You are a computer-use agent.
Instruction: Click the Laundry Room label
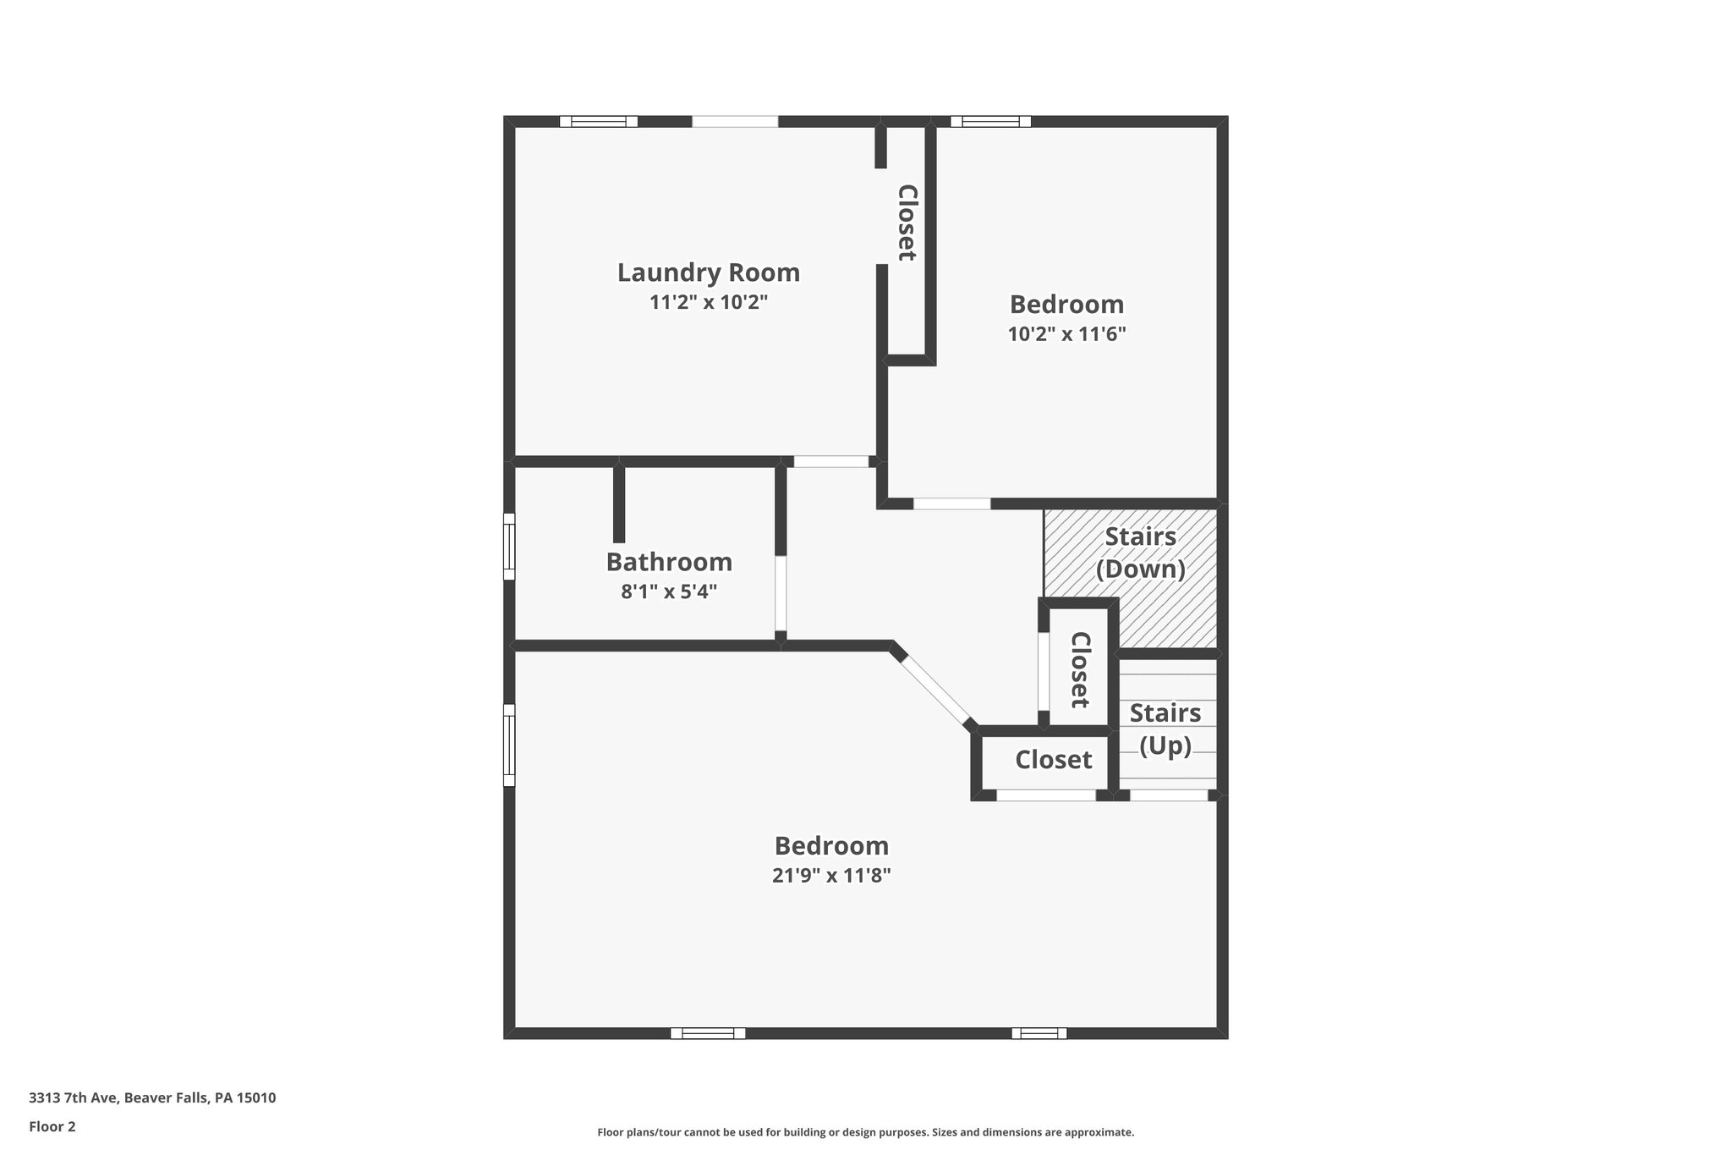click(x=708, y=272)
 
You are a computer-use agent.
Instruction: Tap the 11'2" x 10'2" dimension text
click(x=708, y=302)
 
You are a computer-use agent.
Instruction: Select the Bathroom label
click(x=669, y=562)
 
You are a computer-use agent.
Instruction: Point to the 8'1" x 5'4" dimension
click(x=669, y=591)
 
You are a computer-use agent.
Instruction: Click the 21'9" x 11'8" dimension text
click(x=831, y=875)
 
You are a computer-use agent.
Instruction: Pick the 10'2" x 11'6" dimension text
click(x=1066, y=334)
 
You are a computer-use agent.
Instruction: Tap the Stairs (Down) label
click(x=1140, y=553)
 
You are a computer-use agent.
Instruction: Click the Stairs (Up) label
click(x=1165, y=729)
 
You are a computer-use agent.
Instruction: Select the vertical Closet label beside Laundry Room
click(x=907, y=223)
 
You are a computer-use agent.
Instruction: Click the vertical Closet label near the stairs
click(x=1080, y=669)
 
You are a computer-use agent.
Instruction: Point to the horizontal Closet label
click(x=1053, y=760)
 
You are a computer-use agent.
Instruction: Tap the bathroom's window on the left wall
click(x=509, y=547)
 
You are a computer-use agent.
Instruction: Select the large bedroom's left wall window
click(x=509, y=745)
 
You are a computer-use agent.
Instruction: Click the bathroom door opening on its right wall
click(x=781, y=593)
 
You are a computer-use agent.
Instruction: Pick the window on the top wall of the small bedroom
click(x=990, y=122)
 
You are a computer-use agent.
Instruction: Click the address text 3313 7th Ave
click(x=152, y=1098)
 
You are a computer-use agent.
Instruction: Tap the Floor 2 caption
click(x=52, y=1126)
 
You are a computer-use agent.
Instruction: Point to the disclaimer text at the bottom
click(x=865, y=1132)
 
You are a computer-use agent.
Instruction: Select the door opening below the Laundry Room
click(x=830, y=462)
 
